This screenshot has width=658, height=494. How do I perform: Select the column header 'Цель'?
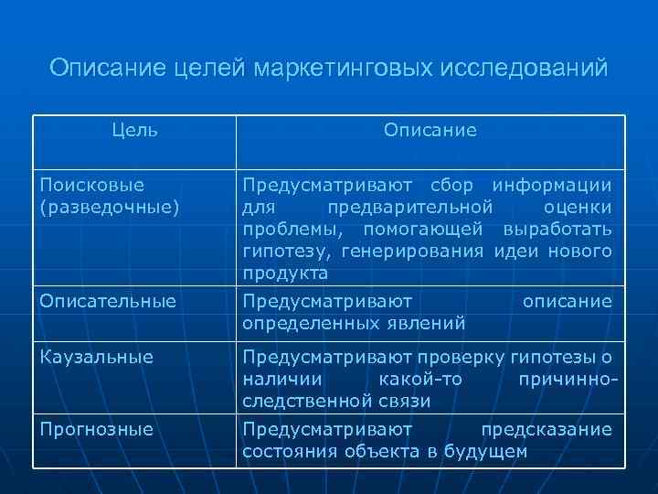(134, 130)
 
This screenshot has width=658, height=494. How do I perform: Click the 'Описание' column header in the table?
(430, 130)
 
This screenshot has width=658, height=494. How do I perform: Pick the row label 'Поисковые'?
(92, 186)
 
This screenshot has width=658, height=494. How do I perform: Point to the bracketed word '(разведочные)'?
(108, 208)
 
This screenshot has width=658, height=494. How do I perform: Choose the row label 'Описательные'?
(108, 301)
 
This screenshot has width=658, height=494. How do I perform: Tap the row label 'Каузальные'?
(95, 357)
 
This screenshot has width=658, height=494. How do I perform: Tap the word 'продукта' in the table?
(285, 274)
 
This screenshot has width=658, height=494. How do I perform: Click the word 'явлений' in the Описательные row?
(429, 323)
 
